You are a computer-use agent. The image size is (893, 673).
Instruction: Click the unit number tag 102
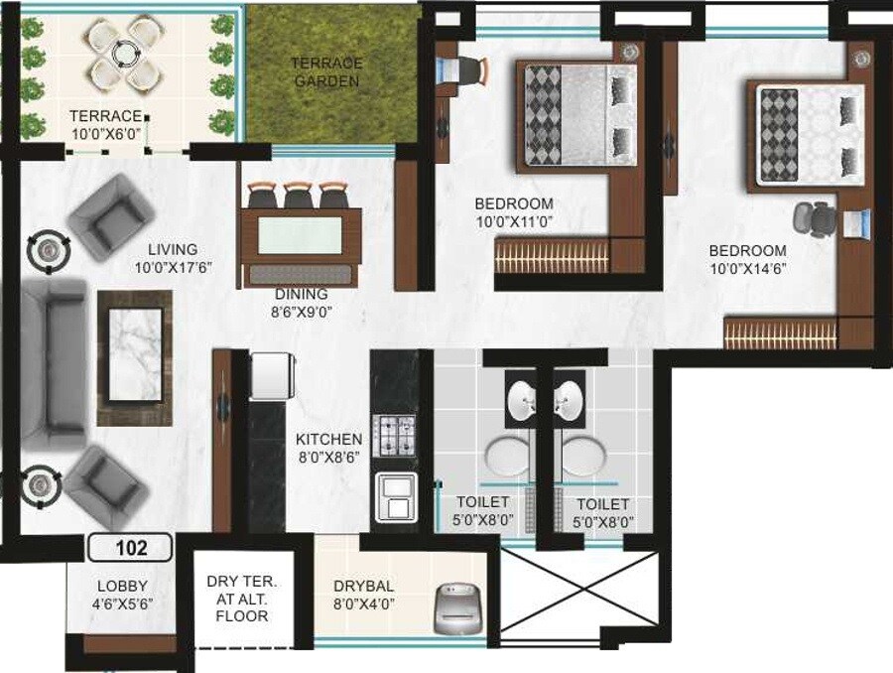tap(130, 547)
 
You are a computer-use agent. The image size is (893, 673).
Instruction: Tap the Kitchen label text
tap(329, 439)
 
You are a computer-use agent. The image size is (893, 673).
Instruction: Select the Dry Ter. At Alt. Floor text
tap(236, 599)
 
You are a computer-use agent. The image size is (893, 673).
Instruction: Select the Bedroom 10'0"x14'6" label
tap(748, 260)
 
